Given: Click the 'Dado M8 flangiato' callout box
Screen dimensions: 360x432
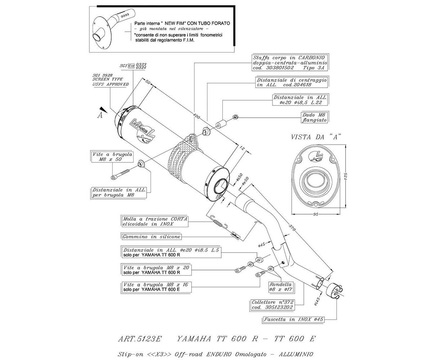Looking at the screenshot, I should (314, 117).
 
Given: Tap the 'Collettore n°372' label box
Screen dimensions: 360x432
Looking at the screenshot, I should (273, 305).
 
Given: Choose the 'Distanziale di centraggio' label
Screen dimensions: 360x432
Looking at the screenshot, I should (292, 82).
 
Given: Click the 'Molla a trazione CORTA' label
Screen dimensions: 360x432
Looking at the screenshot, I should (155, 221).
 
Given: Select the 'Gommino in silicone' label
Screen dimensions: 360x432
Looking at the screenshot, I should (151, 237).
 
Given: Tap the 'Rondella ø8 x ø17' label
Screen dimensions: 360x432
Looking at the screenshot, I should (280, 287).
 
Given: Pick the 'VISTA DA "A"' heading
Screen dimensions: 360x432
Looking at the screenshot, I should (316, 137).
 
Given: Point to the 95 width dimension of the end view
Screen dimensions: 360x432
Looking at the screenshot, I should (316, 214).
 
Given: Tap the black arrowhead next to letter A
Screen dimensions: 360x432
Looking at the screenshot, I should (104, 109).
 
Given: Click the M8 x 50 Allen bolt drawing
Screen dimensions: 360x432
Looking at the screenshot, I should (120, 175).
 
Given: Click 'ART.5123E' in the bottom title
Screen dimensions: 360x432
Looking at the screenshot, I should (140, 339).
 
